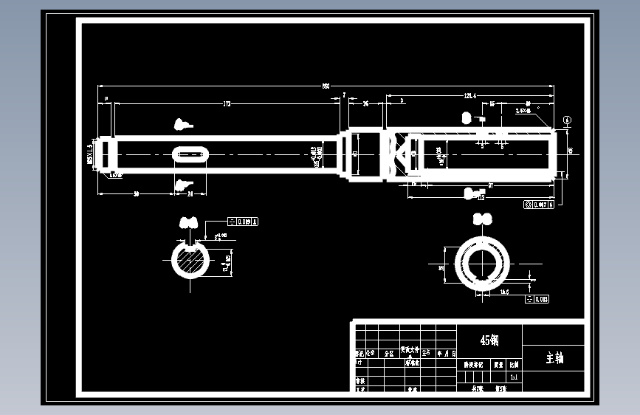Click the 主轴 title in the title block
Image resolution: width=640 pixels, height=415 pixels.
pos(554,358)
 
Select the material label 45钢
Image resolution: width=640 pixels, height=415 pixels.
pos(489,340)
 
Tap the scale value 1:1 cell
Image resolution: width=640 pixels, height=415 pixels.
pos(514,377)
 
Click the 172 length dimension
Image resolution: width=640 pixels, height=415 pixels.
pos(227,104)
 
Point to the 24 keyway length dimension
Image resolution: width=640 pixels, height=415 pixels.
pos(190,193)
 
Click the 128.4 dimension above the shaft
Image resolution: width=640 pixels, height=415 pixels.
pos(469,96)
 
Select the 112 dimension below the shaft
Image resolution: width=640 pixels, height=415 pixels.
pos(481,198)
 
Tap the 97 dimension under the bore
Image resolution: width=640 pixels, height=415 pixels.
pos(490,186)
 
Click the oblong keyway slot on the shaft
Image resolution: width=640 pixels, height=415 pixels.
pos(191,154)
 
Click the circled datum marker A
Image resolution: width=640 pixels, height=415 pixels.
pos(567,119)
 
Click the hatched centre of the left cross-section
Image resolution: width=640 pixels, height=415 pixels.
pos(190,261)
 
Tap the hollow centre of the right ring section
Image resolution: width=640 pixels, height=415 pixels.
pos(483,265)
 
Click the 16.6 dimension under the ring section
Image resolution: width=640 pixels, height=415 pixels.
pos(505,292)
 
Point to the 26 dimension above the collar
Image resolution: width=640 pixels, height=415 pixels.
pos(366,104)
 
